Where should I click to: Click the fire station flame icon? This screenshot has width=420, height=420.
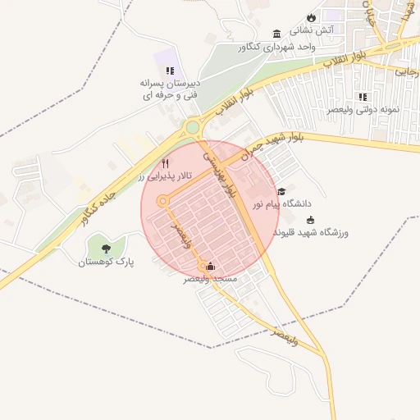311,17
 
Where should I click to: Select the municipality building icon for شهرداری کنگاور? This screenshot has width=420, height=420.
276,34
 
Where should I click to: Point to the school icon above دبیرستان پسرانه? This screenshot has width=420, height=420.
170,72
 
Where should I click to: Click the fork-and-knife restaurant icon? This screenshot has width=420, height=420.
166,163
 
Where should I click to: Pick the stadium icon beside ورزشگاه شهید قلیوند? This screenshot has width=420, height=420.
310,220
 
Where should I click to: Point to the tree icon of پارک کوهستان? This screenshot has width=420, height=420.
105,248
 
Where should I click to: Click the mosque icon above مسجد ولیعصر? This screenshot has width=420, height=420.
211,266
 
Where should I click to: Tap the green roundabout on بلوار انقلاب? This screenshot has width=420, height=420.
194,128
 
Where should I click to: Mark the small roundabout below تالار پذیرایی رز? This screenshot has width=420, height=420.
162,200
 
